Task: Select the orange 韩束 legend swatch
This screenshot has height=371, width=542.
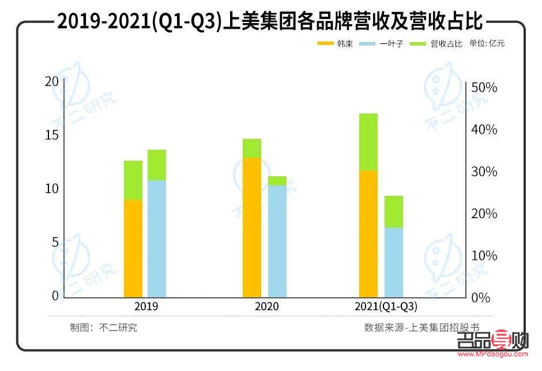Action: pyautogui.click(x=326, y=43)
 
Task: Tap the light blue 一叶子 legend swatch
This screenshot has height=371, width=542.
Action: pyautogui.click(x=367, y=43)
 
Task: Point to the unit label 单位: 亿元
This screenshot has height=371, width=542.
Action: pyautogui.click(x=487, y=43)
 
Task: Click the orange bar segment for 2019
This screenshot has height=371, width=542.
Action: pyautogui.click(x=133, y=248)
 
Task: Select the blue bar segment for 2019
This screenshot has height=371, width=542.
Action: pyautogui.click(x=156, y=239)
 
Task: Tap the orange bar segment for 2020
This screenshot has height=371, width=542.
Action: pyautogui.click(x=252, y=228)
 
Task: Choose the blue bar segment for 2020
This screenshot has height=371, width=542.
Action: pyautogui.click(x=277, y=241)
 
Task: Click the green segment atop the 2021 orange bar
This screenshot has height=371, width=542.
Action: pyautogui.click(x=368, y=142)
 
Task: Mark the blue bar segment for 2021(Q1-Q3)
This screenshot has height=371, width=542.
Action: pyautogui.click(x=394, y=263)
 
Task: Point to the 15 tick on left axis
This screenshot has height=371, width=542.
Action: pyautogui.click(x=52, y=135)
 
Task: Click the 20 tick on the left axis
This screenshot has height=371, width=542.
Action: pyautogui.click(x=52, y=81)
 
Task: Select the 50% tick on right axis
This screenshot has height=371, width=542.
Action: pyautogui.click(x=484, y=88)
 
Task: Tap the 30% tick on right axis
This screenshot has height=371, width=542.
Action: pyautogui.click(x=484, y=172)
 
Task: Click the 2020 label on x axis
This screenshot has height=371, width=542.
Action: pyautogui.click(x=266, y=306)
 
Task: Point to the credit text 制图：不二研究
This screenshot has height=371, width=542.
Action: pyautogui.click(x=104, y=328)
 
